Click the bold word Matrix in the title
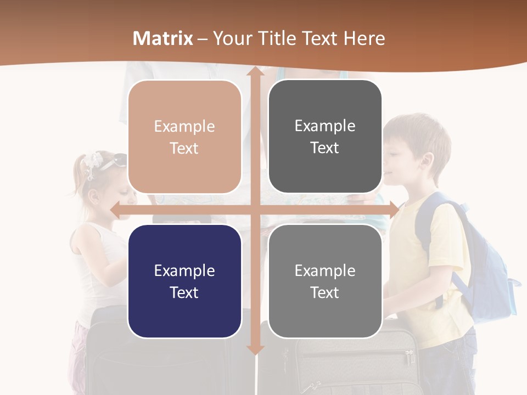(x=163, y=38)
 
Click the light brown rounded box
(x=184, y=137)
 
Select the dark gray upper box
(x=325, y=137)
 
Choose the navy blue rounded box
(x=184, y=281)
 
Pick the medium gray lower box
(x=325, y=281)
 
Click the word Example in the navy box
(x=184, y=270)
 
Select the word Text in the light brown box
(x=184, y=148)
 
